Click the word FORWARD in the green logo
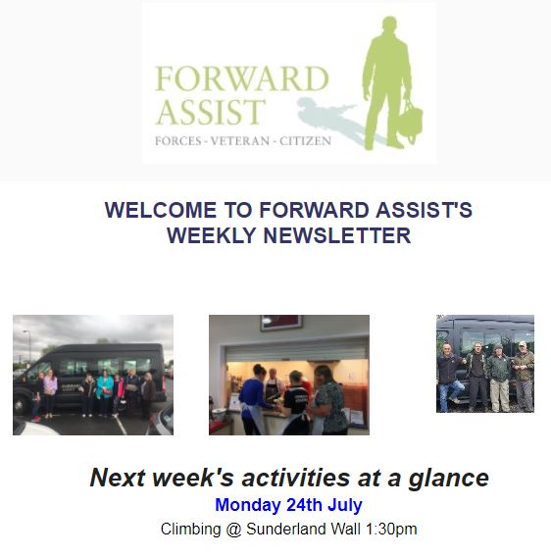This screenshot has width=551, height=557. pyautogui.click(x=242, y=78)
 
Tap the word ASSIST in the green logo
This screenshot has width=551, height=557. pyautogui.click(x=211, y=112)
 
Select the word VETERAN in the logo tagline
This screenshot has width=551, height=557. pyautogui.click(x=240, y=141)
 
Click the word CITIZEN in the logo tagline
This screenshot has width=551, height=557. pyautogui.click(x=305, y=141)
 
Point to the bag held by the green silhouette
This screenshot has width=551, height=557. pyautogui.click(x=411, y=120)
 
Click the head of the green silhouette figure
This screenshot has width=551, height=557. pyautogui.click(x=389, y=25)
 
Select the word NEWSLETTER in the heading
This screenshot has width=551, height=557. pyautogui.click(x=337, y=235)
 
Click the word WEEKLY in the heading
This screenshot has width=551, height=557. pyautogui.click(x=212, y=235)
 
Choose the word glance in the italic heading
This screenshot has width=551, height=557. pyautogui.click(x=449, y=479)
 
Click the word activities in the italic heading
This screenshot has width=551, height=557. pyautogui.click(x=295, y=478)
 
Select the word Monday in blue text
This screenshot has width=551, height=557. pyautogui.click(x=248, y=505)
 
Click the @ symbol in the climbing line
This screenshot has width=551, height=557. pyautogui.click(x=233, y=530)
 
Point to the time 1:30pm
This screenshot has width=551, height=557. pyautogui.click(x=391, y=529)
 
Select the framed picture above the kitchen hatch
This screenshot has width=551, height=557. pyautogui.click(x=281, y=323)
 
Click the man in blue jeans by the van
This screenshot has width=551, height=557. pyautogui.click(x=449, y=378)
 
